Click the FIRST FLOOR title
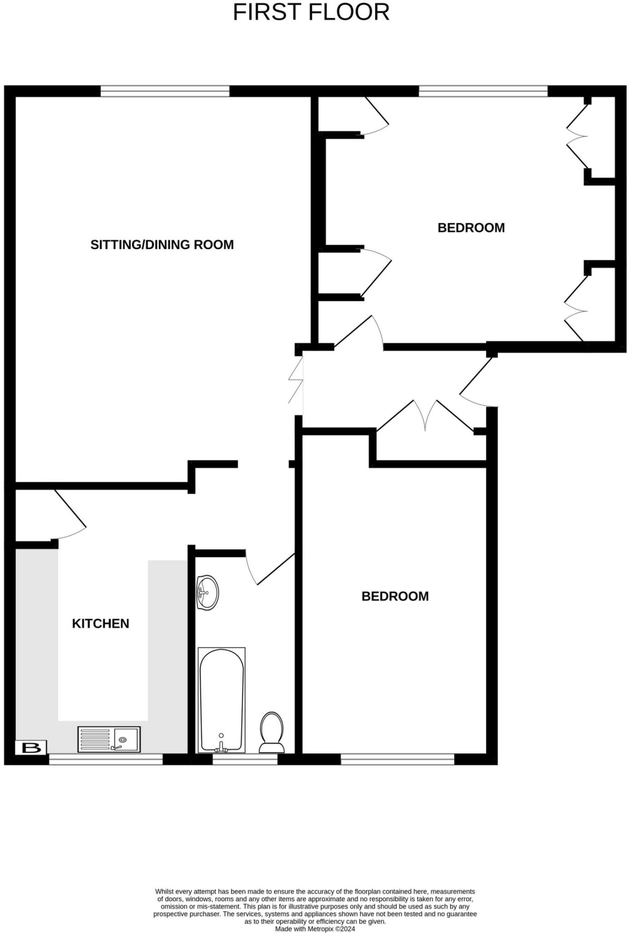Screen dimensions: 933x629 click(x=311, y=12)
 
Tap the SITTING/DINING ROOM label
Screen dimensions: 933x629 click(x=162, y=245)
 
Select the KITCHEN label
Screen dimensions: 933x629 click(x=101, y=623)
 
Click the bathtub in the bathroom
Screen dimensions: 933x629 click(x=222, y=700)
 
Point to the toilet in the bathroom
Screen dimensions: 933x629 click(x=272, y=733)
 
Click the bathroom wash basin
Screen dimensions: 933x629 click(x=208, y=592)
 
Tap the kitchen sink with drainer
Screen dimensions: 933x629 click(x=109, y=739)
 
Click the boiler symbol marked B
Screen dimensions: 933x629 click(x=31, y=748)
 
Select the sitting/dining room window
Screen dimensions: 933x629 click(x=165, y=91)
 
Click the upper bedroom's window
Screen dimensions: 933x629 click(x=483, y=91)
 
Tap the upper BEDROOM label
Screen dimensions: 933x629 click(x=471, y=228)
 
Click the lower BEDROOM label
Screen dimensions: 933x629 click(x=395, y=596)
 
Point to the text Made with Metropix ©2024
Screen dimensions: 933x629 click(x=315, y=929)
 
